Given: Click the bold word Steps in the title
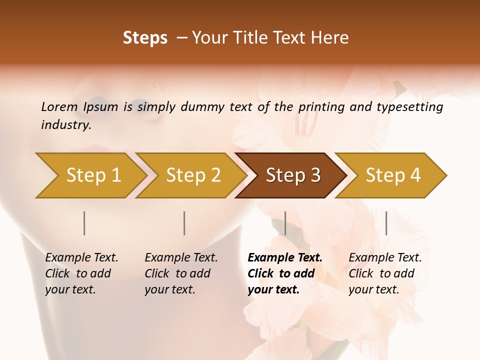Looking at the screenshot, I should click(x=145, y=38).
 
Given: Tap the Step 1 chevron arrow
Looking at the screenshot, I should click(x=90, y=175).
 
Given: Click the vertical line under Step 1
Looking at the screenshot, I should click(x=84, y=223).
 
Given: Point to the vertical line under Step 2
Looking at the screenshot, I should click(x=184, y=223).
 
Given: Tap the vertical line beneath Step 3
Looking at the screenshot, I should click(x=285, y=223).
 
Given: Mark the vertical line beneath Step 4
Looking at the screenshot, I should click(x=386, y=223).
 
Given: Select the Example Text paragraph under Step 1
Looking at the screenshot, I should click(x=81, y=273).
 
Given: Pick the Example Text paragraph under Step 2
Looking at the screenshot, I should click(x=180, y=273).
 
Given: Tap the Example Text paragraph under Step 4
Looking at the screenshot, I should click(x=384, y=273).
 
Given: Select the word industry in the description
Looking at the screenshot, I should click(x=65, y=125).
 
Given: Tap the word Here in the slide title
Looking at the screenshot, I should click(x=331, y=38).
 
